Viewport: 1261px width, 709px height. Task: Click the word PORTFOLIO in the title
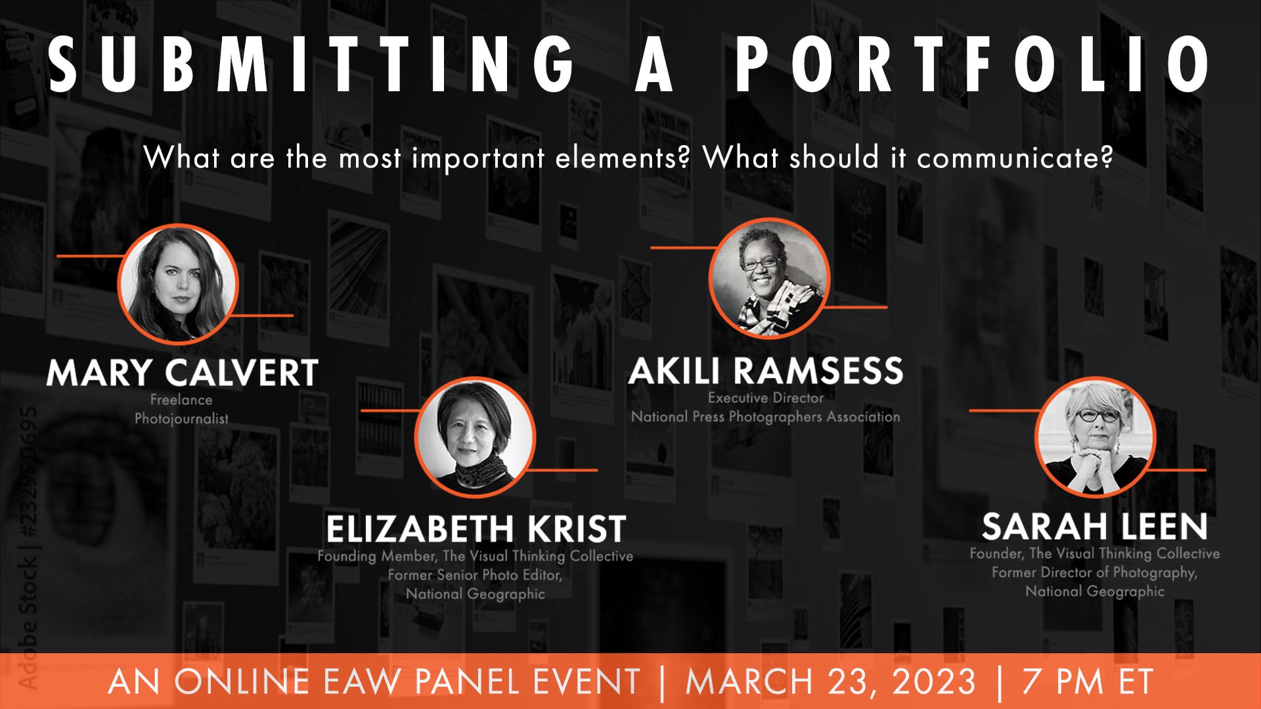(x=972, y=64)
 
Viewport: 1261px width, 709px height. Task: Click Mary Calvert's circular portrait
(x=177, y=284)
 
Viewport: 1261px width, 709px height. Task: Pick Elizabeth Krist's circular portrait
(x=475, y=437)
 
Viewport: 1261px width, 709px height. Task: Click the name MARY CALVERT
(x=182, y=373)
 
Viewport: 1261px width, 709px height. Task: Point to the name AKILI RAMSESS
(x=765, y=371)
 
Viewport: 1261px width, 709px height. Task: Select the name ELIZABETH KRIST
(x=476, y=528)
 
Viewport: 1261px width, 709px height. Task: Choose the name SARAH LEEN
(x=1095, y=526)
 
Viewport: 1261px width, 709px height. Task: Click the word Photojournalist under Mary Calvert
(x=182, y=418)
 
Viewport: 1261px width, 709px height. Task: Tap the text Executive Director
(x=765, y=398)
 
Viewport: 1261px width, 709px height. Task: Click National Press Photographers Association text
(x=765, y=416)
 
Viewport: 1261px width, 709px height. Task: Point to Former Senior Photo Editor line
(x=475, y=575)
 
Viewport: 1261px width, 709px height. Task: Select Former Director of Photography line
(x=1095, y=572)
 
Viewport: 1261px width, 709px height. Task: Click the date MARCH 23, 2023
(x=831, y=681)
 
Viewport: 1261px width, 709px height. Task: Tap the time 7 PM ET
(x=1087, y=681)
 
